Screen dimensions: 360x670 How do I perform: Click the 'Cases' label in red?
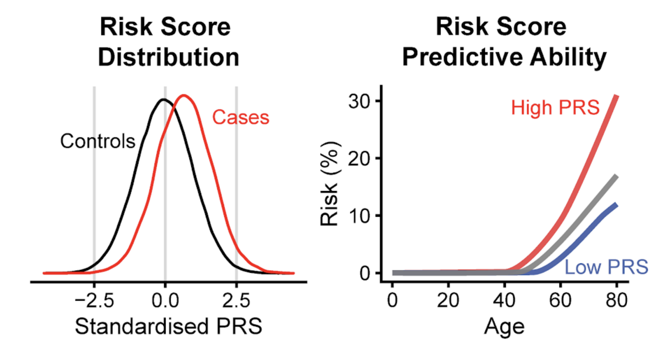click(x=241, y=118)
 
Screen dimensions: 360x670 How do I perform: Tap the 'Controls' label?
click(x=98, y=141)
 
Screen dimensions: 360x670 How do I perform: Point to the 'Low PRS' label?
click(x=606, y=267)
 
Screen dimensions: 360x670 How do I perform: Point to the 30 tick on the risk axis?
click(x=359, y=101)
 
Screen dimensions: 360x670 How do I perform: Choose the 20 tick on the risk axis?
click(x=359, y=159)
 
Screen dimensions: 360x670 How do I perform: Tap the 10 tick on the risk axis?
click(x=359, y=216)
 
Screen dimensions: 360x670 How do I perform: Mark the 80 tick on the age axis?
click(x=615, y=301)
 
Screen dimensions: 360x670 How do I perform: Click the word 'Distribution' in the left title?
click(x=168, y=58)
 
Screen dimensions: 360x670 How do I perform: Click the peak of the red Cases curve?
click(x=184, y=96)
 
